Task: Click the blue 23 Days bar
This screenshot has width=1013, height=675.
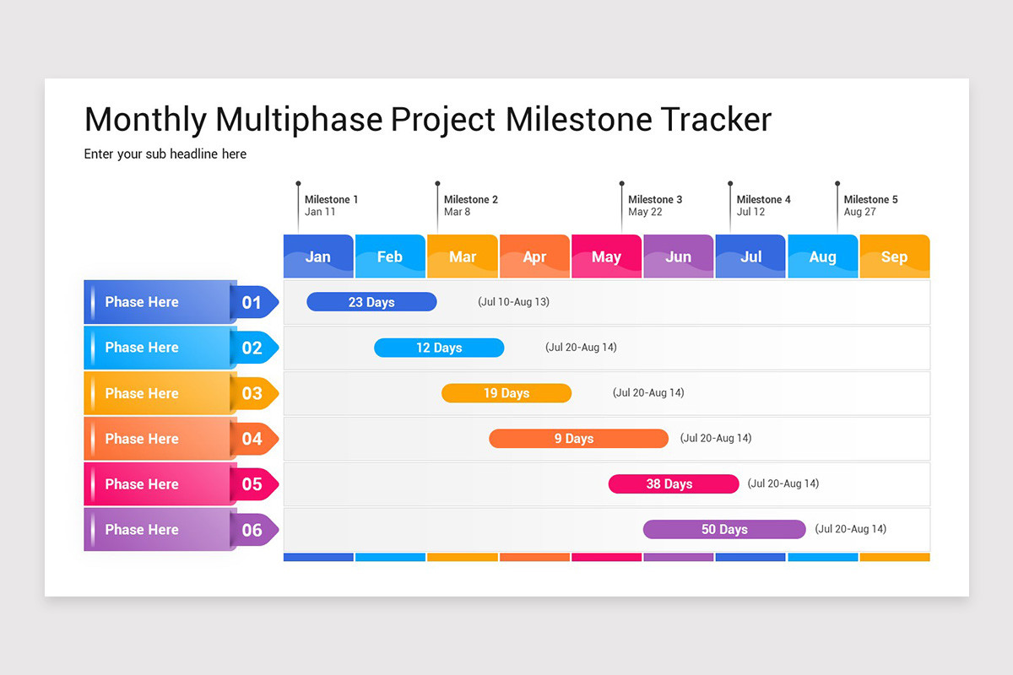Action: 371,302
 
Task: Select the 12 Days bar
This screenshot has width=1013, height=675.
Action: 439,348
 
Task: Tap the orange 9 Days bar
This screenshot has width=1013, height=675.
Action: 578,439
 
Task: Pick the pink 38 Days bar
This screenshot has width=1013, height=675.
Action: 674,484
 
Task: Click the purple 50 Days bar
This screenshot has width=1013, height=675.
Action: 724,530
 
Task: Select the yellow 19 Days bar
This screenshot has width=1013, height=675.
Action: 506,393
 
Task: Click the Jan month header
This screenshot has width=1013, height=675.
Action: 318,256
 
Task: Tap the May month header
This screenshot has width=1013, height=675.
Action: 606,256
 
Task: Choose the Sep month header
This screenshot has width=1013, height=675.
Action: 894,256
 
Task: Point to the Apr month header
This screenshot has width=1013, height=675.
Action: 534,256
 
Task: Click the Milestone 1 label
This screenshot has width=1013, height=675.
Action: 332,200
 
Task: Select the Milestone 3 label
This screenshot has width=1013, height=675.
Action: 655,200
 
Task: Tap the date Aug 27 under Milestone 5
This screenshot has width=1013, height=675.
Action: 860,213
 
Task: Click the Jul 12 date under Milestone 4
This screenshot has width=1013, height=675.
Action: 750,213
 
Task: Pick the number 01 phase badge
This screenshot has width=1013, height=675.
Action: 252,302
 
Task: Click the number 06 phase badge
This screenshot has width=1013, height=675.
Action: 252,530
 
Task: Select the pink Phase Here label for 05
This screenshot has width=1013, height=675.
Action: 142,484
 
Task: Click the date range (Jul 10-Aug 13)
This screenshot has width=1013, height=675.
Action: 513,302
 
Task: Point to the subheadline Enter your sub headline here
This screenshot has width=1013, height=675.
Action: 165,154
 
